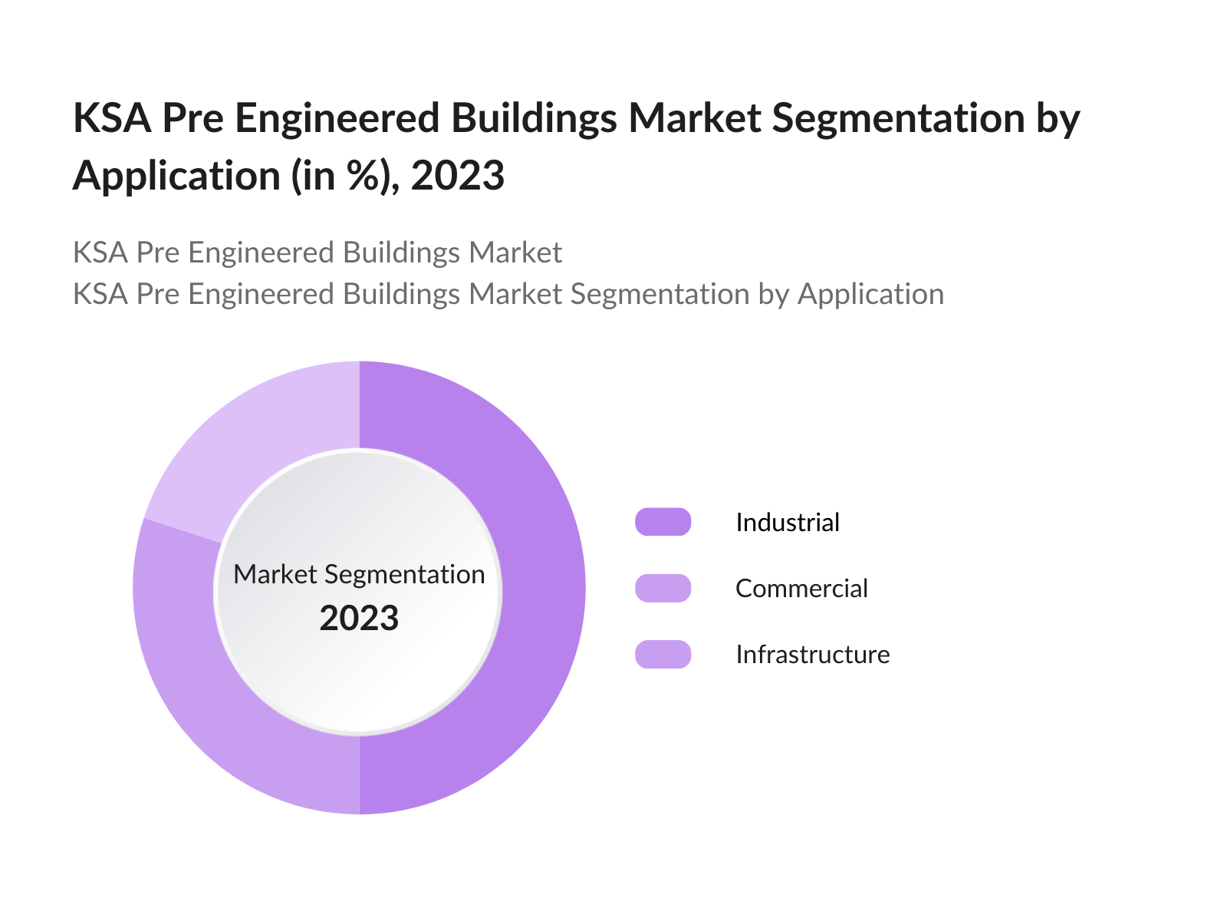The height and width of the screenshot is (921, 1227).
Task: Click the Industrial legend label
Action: click(x=787, y=523)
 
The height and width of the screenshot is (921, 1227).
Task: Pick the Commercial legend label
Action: click(x=801, y=589)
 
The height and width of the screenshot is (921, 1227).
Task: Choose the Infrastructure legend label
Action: click(x=812, y=655)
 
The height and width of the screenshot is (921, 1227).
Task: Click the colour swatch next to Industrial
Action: click(x=663, y=522)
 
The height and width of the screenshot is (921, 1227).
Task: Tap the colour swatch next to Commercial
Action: click(x=663, y=588)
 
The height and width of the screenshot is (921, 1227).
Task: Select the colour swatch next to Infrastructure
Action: click(x=663, y=654)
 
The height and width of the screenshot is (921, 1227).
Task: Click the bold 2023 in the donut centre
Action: click(x=359, y=619)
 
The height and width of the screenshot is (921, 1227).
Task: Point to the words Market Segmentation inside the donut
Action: click(x=359, y=574)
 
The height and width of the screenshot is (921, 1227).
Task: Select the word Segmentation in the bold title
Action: click(x=897, y=119)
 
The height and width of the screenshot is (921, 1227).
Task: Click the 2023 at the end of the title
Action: click(x=457, y=176)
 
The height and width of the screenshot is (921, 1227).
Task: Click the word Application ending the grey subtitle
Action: click(x=870, y=295)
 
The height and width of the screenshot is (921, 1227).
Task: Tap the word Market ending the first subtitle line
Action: click(x=515, y=253)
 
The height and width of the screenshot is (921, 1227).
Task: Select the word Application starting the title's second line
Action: click(x=176, y=176)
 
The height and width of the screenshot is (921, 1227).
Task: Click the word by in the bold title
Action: click(x=1058, y=119)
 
